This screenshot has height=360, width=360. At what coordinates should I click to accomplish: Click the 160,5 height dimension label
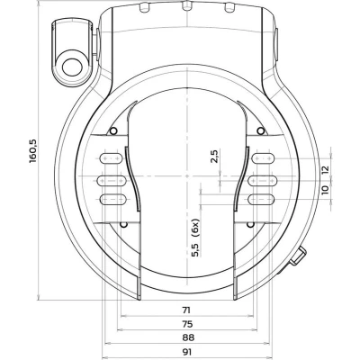pyautogui.click(x=32, y=151)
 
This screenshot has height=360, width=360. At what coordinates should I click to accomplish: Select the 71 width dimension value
pyautogui.click(x=186, y=310)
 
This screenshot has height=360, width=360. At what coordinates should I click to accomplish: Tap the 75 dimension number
pyautogui.click(x=187, y=324)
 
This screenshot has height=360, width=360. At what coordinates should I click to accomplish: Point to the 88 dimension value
pyautogui.click(x=188, y=337)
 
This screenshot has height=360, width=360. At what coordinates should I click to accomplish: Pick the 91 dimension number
pyautogui.click(x=186, y=352)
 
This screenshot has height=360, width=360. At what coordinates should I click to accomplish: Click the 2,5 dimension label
pyautogui.click(x=215, y=156)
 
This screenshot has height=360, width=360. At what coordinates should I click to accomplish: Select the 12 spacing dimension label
pyautogui.click(x=325, y=169)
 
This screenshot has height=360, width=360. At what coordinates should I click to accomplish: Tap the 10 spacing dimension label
pyautogui.click(x=325, y=190)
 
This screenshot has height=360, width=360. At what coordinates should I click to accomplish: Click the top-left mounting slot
pyautogui.click(x=111, y=157)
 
